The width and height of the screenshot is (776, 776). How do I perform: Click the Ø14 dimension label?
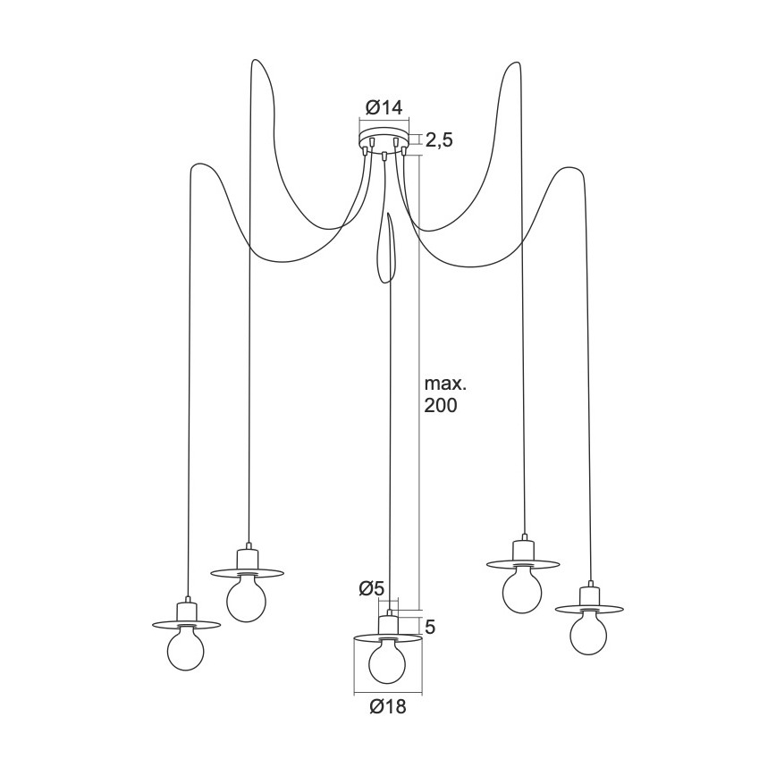tap(384, 108)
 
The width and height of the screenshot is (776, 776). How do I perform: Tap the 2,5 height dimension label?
tap(438, 140)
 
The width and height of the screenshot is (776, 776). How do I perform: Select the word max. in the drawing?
tap(445, 384)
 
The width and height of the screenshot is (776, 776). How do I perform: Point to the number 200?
tap(442, 406)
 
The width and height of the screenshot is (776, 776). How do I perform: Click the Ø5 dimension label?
tap(371, 588)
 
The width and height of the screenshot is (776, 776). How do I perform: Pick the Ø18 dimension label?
tap(387, 707)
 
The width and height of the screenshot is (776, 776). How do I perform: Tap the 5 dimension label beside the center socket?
tap(430, 627)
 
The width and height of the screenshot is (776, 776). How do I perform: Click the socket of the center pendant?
tap(387, 622)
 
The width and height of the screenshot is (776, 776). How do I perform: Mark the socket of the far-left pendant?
tap(186, 611)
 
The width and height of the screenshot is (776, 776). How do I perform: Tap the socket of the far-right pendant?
tap(588, 596)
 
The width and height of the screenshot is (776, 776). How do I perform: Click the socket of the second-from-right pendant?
tap(522, 550)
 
